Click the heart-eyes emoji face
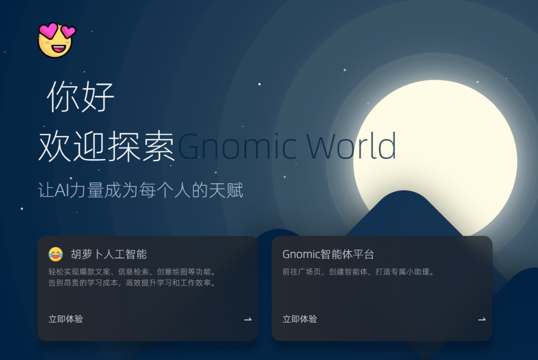[55, 40]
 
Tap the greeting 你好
[81, 97]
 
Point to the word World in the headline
[351, 147]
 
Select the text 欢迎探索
[107, 147]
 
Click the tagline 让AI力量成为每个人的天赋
[140, 190]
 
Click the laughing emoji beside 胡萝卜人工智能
[56, 255]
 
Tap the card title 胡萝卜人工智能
[109, 255]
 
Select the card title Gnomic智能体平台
[328, 255]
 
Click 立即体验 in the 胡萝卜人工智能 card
[66, 319]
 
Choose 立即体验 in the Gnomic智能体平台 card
[300, 319]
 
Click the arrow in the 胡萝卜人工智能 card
[248, 319]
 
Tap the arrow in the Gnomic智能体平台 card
[482, 319]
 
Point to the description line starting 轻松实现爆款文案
[132, 272]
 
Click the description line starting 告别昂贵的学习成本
[132, 283]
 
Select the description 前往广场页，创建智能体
[358, 272]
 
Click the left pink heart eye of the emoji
[48, 31]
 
